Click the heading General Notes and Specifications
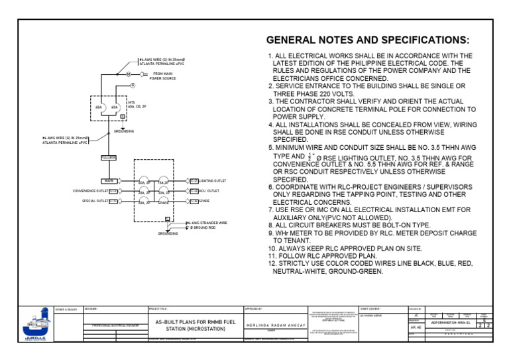(368, 40)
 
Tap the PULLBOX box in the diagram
(109, 157)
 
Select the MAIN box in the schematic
(109, 180)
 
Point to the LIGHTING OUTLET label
(212, 180)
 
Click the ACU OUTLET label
(209, 190)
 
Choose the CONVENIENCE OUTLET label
(90, 191)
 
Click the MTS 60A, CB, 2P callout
(136, 105)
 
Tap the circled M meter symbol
(129, 74)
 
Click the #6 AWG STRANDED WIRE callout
(206, 224)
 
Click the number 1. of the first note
(270, 56)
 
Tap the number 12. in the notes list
(272, 263)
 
